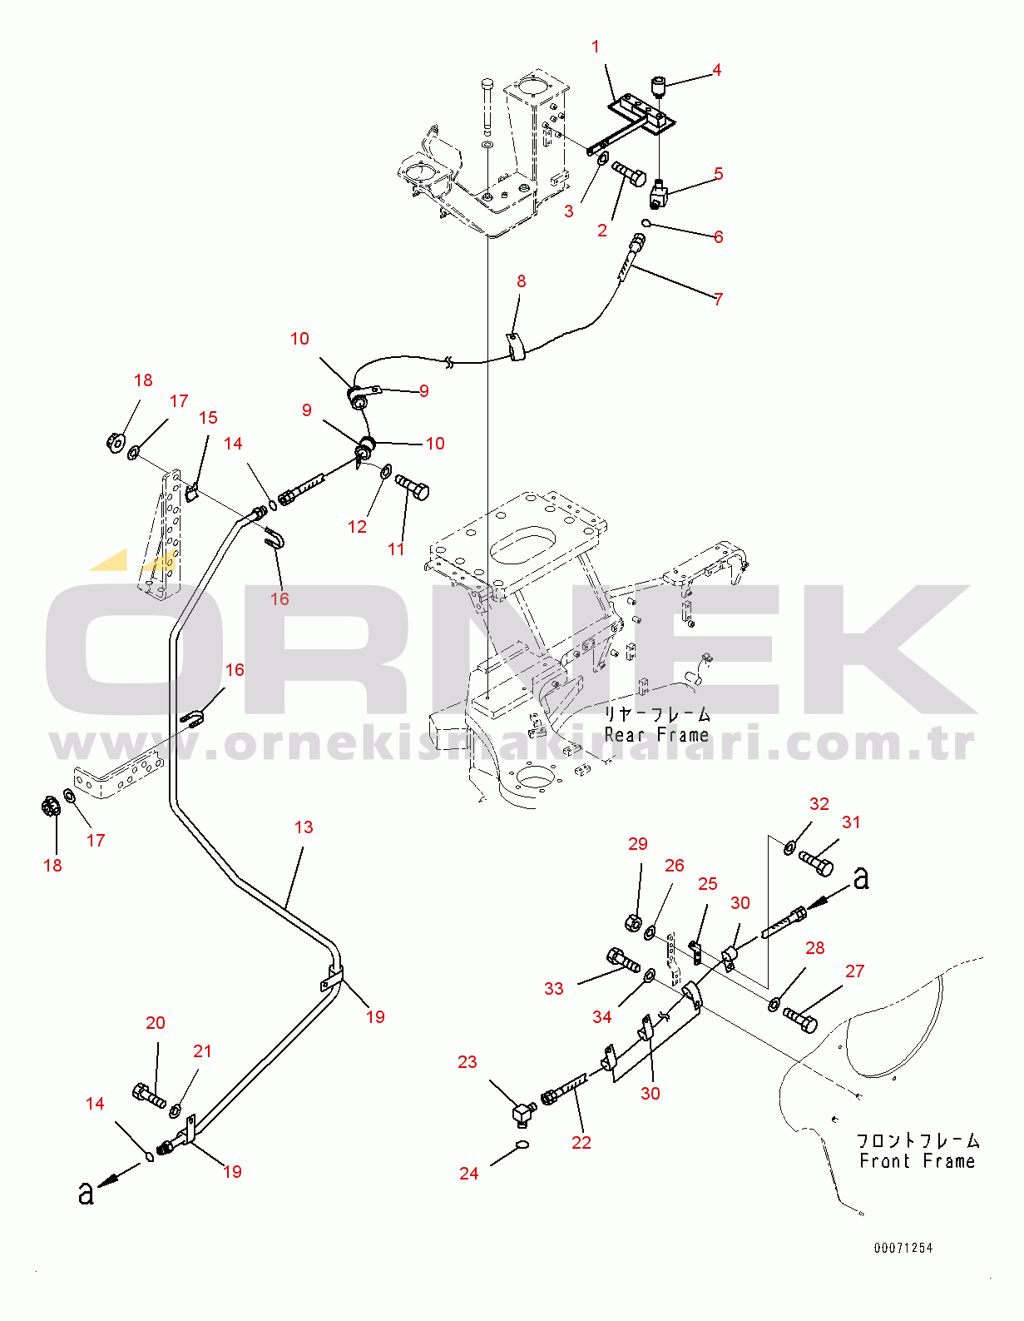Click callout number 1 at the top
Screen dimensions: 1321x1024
pyautogui.click(x=596, y=47)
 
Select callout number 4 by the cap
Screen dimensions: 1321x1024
pyautogui.click(x=716, y=70)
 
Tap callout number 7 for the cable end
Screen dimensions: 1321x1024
pyautogui.click(x=719, y=299)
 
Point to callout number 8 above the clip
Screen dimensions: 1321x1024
pyautogui.click(x=522, y=281)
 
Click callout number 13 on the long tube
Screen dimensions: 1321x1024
pyautogui.click(x=304, y=827)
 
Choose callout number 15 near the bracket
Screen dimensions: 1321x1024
pyautogui.click(x=208, y=418)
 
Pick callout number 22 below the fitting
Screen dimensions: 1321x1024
pyautogui.click(x=581, y=1143)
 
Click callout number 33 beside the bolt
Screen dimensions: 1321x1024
pyautogui.click(x=554, y=989)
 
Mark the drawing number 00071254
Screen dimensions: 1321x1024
pyautogui.click(x=903, y=1248)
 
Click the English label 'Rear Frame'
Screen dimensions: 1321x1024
pyautogui.click(x=657, y=735)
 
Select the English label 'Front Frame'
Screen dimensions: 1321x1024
pyautogui.click(x=917, y=1161)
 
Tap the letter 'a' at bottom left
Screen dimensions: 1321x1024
pyautogui.click(x=86, y=1193)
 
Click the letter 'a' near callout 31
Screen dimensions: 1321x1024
pyautogui.click(x=862, y=877)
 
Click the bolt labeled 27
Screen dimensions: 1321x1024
pyautogui.click(x=800, y=1020)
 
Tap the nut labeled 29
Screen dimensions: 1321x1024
pyautogui.click(x=632, y=923)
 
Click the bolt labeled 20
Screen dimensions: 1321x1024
pyautogui.click(x=149, y=1095)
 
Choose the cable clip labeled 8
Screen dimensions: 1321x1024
pyautogui.click(x=517, y=346)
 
